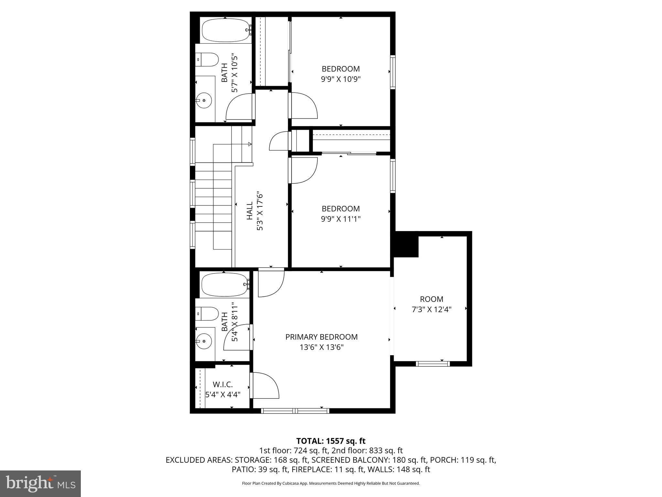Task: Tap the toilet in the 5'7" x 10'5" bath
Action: pos(208,60)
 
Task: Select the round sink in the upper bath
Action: pos(204,101)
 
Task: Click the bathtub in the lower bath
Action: pos(225,285)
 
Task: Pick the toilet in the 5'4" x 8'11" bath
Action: pos(208,314)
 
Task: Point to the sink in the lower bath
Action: pos(204,341)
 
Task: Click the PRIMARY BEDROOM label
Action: pos(321,337)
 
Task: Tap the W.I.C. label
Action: pos(223,384)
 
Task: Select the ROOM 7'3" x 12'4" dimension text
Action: pos(431,309)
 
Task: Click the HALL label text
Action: pos(250,211)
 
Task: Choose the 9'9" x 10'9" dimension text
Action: pos(340,79)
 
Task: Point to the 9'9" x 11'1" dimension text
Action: pos(340,219)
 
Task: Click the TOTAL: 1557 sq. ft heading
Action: pos(331,441)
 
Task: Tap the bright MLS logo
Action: pos(40,484)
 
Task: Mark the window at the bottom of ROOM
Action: pos(432,364)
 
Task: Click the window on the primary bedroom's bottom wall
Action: pos(295,411)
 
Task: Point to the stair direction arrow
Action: pos(249,144)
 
